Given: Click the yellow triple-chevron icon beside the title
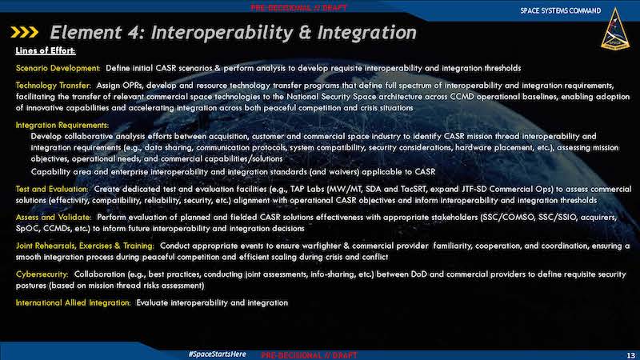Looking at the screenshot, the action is (x=25, y=32).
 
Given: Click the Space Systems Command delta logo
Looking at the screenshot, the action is (x=615, y=29).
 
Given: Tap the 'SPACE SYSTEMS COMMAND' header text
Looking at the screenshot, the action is (x=561, y=10).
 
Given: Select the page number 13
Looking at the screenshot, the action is (x=631, y=355).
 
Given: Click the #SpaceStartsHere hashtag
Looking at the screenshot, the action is (x=217, y=354).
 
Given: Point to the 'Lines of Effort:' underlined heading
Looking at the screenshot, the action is (x=46, y=50).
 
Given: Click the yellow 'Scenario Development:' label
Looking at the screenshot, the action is (x=58, y=68).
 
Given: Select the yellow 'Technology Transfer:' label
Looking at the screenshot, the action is (x=54, y=86).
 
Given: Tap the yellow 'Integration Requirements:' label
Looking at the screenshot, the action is (x=62, y=125).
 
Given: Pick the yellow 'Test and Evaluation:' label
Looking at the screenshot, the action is (x=52, y=189).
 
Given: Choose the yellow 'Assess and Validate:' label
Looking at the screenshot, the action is (x=54, y=217).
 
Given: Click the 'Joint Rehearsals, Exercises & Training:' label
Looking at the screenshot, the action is (x=85, y=246).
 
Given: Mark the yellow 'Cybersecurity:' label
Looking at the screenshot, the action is (x=42, y=274).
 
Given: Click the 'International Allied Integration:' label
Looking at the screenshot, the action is (x=73, y=302).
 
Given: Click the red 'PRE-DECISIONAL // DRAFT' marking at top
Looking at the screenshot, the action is (x=298, y=8).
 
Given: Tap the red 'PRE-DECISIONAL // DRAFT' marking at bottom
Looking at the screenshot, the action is (x=309, y=355).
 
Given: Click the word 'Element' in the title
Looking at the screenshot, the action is (x=86, y=32).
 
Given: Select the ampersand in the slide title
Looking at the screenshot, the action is (x=305, y=32).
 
